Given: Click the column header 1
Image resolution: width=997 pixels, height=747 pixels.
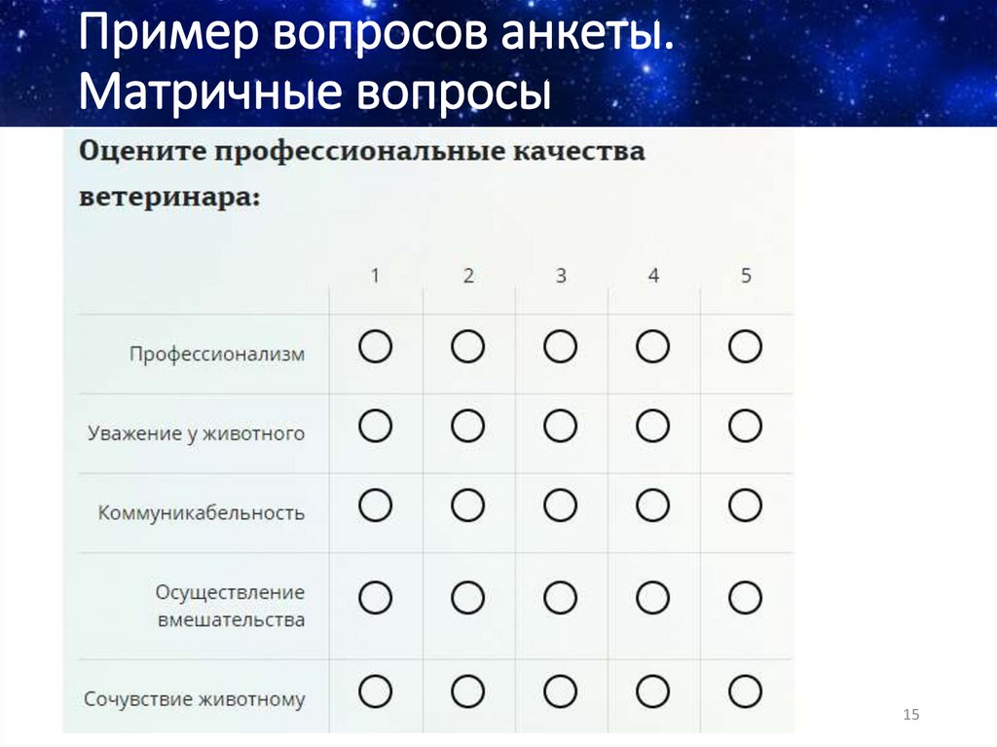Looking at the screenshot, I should pos(375,276).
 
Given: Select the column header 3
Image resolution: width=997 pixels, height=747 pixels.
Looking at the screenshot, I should pos(561,276).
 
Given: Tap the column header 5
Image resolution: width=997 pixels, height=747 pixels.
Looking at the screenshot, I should pos(746,276).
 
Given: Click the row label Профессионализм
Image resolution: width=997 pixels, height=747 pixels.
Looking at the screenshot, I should pos(217,354).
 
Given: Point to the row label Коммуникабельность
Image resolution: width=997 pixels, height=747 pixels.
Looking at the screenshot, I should pos(202,512).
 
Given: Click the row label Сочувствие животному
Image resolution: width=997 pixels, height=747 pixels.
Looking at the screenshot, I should pos(195,698).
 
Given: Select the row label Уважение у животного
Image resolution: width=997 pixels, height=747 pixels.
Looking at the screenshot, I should pos(196,432).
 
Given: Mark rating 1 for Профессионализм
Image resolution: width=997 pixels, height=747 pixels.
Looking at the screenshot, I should pos(375,347).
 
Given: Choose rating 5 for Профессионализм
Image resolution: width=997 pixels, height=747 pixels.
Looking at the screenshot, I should pos(746,347).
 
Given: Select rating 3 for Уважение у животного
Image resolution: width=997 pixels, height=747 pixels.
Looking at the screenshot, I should pos(561,426).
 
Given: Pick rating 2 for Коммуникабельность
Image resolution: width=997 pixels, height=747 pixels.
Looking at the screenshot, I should pos(468,505).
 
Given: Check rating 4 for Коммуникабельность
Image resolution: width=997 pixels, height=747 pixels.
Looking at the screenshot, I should pos(653,505).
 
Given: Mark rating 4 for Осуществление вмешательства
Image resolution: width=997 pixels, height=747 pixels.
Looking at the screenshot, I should pos(653,596).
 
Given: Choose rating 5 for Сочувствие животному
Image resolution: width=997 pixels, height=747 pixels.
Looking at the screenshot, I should pos(746,691).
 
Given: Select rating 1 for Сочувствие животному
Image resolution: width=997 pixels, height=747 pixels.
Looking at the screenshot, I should pos(375,691).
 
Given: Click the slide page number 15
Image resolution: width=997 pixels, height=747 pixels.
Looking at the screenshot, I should pos(911,716).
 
